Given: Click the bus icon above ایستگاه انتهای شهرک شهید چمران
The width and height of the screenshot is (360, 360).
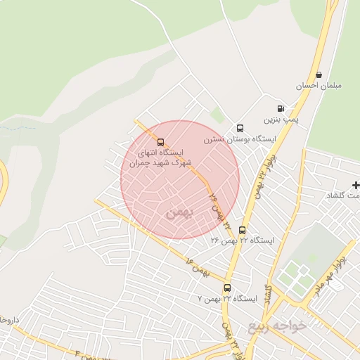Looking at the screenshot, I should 160,142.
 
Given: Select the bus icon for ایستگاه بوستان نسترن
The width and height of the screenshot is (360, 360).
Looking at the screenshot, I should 240,129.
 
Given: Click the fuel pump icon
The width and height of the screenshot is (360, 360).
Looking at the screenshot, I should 281,109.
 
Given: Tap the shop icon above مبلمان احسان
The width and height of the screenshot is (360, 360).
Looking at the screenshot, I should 319,75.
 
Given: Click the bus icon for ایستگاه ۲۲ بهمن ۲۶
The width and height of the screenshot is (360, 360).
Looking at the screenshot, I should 243,230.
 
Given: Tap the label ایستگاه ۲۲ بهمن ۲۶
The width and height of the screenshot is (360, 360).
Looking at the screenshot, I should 243,240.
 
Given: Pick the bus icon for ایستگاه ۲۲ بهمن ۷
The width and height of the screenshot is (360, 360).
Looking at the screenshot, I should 227,288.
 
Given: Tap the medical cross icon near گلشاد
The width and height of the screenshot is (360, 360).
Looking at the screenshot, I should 356,185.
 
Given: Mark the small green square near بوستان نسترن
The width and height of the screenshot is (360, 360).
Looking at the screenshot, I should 218,116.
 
